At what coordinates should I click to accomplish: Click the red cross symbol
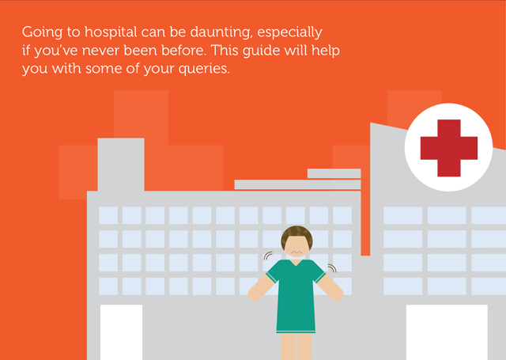pyautogui.click(x=448, y=148)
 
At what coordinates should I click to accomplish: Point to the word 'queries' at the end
pyautogui.click(x=204, y=69)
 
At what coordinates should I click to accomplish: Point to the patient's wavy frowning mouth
pyautogui.click(x=296, y=252)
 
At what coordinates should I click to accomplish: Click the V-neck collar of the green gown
pyautogui.click(x=296, y=263)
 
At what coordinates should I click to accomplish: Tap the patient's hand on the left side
pyautogui.click(x=254, y=294)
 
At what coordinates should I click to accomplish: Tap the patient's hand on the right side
pyautogui.click(x=337, y=294)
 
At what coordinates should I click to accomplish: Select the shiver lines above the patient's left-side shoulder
pyautogui.click(x=267, y=256)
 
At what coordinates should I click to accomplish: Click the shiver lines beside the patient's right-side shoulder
pyautogui.click(x=333, y=267)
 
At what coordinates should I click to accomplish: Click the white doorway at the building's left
pyautogui.click(x=121, y=332)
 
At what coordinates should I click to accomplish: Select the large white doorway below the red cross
pyautogui.click(x=447, y=332)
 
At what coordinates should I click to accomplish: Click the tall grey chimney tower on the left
pyautogui.click(x=121, y=165)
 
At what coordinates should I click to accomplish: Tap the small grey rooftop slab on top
pyautogui.click(x=334, y=173)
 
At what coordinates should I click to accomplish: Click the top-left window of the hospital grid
pyautogui.click(x=108, y=215)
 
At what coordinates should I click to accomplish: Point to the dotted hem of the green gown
pyautogui.click(x=296, y=331)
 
